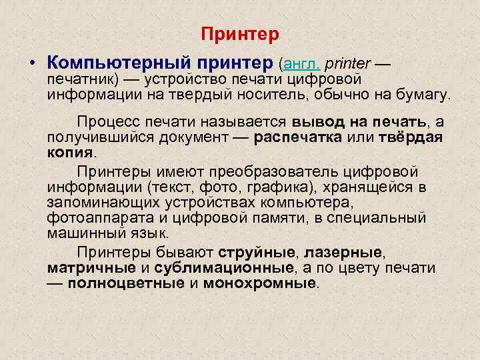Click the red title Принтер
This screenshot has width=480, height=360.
tap(240, 34)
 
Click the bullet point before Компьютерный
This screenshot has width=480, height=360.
tap(32, 65)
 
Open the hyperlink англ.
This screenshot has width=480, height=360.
tap(302, 64)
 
